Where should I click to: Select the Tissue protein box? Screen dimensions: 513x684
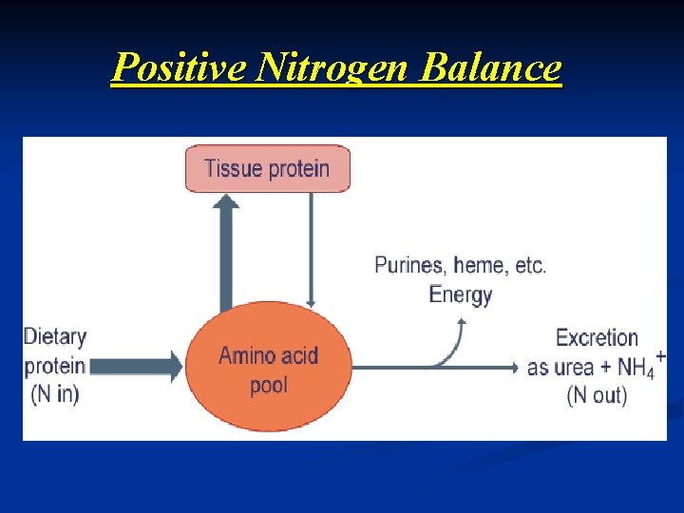click(267, 169)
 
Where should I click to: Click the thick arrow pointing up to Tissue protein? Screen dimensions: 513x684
click(225, 252)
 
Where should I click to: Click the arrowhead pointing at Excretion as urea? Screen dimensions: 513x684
click(513, 368)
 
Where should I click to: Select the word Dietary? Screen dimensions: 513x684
click(55, 337)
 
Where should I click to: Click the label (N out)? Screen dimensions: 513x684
click(597, 395)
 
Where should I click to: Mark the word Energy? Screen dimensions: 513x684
click(461, 294)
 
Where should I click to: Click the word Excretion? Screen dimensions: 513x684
click(597, 338)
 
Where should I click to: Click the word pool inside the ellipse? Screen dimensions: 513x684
click(269, 386)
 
